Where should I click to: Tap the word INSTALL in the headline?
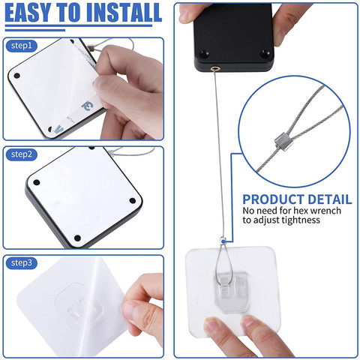tap(124, 13)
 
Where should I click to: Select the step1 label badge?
tap(22, 46)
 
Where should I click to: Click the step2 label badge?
tap(22, 154)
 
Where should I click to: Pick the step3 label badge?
tap(22, 262)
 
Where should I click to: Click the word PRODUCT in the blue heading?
tap(274, 199)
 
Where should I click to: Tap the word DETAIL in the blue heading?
tap(330, 199)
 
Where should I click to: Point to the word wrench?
tap(324, 211)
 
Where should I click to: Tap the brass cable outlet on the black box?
tap(214, 68)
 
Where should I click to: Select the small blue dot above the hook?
tap(223, 241)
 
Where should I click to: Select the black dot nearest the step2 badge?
tap(37, 182)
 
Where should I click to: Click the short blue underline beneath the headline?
tap(35, 30)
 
